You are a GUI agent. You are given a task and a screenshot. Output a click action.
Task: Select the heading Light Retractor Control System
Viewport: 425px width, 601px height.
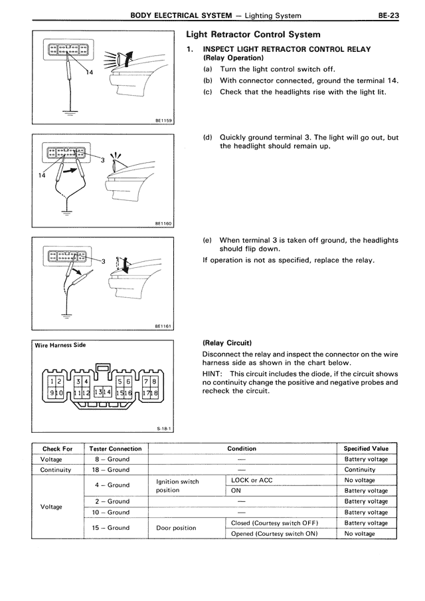pyautogui.click(x=253, y=34)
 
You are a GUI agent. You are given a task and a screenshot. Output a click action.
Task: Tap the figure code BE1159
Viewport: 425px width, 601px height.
pyautogui.click(x=163, y=120)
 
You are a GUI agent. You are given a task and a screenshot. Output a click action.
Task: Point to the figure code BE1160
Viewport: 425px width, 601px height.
pyautogui.click(x=163, y=223)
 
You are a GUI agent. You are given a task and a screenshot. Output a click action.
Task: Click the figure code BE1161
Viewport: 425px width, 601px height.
pyautogui.click(x=163, y=326)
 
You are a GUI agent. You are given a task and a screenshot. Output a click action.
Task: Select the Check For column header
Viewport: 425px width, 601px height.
pyautogui.click(x=57, y=449)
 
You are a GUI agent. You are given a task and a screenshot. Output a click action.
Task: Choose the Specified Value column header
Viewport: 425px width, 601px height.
pyautogui.click(x=366, y=449)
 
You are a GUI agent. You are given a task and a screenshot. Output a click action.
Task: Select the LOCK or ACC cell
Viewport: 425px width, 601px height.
pyautogui.click(x=252, y=480)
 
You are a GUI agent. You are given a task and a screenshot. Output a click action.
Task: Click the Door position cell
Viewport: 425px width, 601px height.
pyautogui.click(x=176, y=528)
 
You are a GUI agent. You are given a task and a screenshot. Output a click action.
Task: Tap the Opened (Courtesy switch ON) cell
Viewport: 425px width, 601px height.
pyautogui.click(x=274, y=533)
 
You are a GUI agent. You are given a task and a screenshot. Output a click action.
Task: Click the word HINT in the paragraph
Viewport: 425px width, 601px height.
pyautogui.click(x=213, y=373)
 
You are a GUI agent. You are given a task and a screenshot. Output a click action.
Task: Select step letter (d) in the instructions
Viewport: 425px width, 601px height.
pyautogui.click(x=208, y=138)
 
